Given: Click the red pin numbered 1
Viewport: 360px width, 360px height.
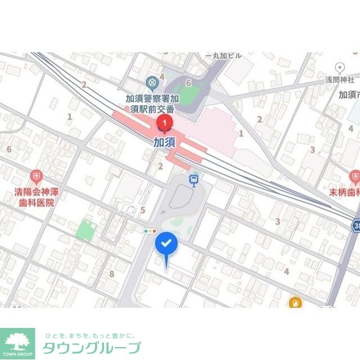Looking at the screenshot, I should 164,122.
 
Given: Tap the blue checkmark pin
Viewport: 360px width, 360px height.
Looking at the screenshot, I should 166,244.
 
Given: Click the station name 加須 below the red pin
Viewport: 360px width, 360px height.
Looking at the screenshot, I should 164,142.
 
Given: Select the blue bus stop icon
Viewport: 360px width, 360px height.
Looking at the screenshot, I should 194,181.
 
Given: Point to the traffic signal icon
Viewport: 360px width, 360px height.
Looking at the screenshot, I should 150,231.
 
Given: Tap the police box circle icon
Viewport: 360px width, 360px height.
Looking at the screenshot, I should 151,84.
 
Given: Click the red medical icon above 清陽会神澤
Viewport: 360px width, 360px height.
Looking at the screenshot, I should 37,177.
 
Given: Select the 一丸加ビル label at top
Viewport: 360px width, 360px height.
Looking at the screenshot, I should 224,55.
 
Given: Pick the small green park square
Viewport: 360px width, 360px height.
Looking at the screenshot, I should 84,229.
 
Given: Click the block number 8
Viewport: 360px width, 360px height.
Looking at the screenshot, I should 111,274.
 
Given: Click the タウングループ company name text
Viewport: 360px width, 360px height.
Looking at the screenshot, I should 92,348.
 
